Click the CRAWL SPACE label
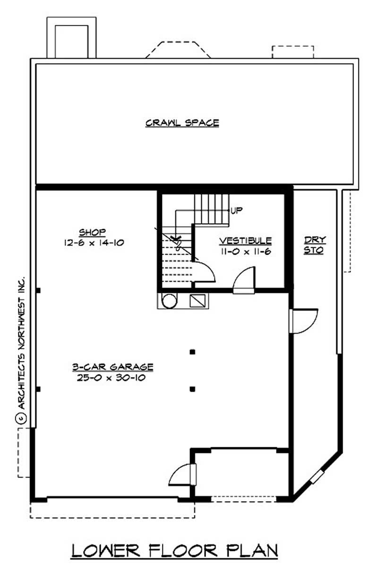(x=182, y=123)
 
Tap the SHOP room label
(x=92, y=232)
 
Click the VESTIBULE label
(x=245, y=240)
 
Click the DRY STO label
(x=314, y=245)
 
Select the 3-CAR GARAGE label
(x=112, y=367)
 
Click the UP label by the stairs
(x=236, y=210)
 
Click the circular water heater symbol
(x=169, y=300)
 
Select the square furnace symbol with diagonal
(x=197, y=301)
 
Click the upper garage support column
(x=192, y=351)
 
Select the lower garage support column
(x=192, y=389)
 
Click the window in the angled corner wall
(x=317, y=476)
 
